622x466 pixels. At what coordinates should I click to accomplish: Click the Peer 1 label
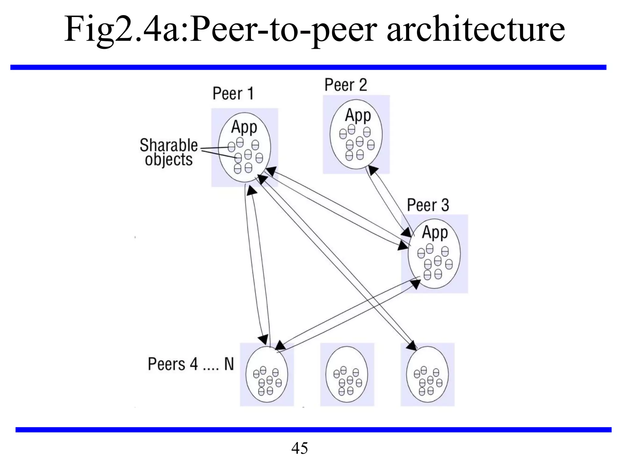pyautogui.click(x=233, y=93)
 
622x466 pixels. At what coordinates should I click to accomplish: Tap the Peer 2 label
pyautogui.click(x=346, y=85)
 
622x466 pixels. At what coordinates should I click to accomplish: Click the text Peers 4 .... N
pyautogui.click(x=191, y=364)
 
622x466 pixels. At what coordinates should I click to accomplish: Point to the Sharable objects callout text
pyautogui.click(x=169, y=152)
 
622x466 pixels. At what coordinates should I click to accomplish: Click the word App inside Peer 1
pyautogui.click(x=244, y=127)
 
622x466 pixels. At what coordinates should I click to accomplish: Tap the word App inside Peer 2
pyautogui.click(x=358, y=115)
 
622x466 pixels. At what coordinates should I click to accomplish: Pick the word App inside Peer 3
pyautogui.click(x=435, y=233)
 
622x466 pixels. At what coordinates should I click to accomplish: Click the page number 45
pyautogui.click(x=299, y=448)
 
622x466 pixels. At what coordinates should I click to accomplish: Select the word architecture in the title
pyautogui.click(x=476, y=29)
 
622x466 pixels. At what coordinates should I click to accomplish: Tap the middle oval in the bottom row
pyautogui.click(x=347, y=374)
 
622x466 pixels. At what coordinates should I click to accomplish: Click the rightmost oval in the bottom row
pyautogui.click(x=427, y=374)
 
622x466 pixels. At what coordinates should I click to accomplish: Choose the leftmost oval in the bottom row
pyautogui.click(x=267, y=374)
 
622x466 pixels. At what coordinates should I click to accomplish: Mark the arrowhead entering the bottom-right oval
pyautogui.click(x=412, y=346)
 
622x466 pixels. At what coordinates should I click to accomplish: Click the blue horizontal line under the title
pyautogui.click(x=308, y=67)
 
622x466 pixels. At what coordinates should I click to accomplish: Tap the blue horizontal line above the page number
pyautogui.click(x=313, y=430)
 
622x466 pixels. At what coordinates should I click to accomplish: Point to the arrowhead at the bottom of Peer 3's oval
pyautogui.click(x=415, y=284)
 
